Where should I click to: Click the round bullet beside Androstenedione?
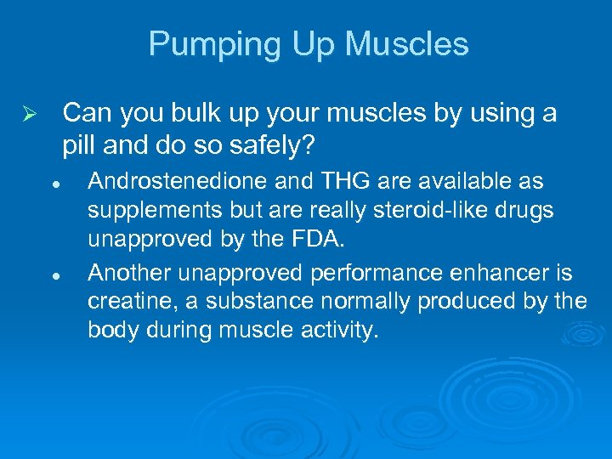pyautogui.click(x=54, y=184)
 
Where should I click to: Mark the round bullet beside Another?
pyautogui.click(x=54, y=276)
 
